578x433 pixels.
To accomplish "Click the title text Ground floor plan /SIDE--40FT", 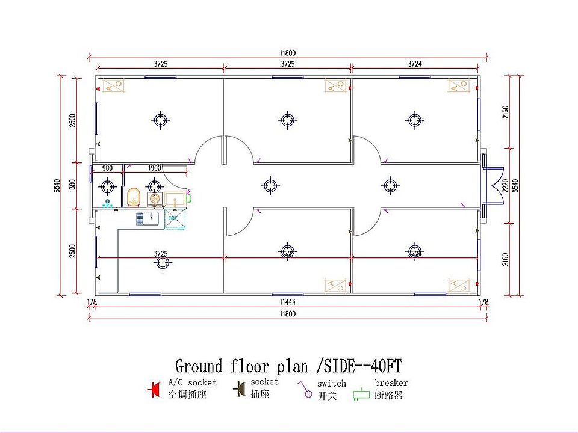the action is pos(288,366).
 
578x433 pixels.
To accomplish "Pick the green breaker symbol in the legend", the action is pos(361,395).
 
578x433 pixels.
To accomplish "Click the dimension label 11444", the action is pos(287,301).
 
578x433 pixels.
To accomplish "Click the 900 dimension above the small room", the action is pos(107,168).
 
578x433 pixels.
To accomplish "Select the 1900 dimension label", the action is pos(154,168).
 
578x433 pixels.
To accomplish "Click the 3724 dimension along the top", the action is pos(415,63).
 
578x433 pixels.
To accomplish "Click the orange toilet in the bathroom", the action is pos(134,196).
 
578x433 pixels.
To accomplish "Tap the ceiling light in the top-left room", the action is pos(161,120).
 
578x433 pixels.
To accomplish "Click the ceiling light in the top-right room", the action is pos(415,120).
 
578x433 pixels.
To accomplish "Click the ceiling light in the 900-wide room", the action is pos(107,188).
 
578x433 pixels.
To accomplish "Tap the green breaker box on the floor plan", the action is pos(188,196).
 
